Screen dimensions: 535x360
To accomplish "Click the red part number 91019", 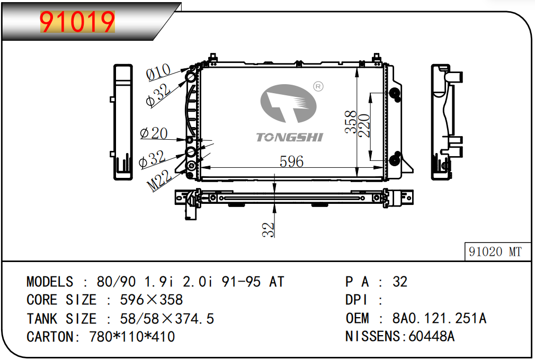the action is pos(77,22).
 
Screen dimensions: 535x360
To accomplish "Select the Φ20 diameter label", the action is pos(154,133).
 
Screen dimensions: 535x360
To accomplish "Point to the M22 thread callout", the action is pos(159,181).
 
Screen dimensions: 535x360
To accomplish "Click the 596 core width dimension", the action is pos(291,161).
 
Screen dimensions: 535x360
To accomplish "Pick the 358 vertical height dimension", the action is pos(351,122).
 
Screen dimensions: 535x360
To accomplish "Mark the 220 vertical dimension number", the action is pos(364,125).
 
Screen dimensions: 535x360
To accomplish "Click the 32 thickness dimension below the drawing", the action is pos(268,229).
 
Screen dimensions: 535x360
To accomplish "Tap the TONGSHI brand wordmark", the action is pos(289,137).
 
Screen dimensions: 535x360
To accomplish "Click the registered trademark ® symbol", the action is pos(318,87).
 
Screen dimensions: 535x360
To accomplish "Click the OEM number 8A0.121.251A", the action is pos(439,318).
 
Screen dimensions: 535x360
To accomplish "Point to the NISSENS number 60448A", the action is pos(431,336).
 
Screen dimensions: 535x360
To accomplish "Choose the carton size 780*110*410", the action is pos(132,337).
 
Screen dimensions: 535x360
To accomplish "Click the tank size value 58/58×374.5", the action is pos(167,319).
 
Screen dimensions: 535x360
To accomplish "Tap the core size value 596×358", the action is pos(151,300).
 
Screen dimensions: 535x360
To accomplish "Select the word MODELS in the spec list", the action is pos(50,282).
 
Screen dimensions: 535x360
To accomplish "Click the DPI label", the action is pos(356,300).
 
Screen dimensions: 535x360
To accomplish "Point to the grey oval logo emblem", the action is pos(289,103).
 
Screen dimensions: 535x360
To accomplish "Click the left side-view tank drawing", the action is pos(123,122).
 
